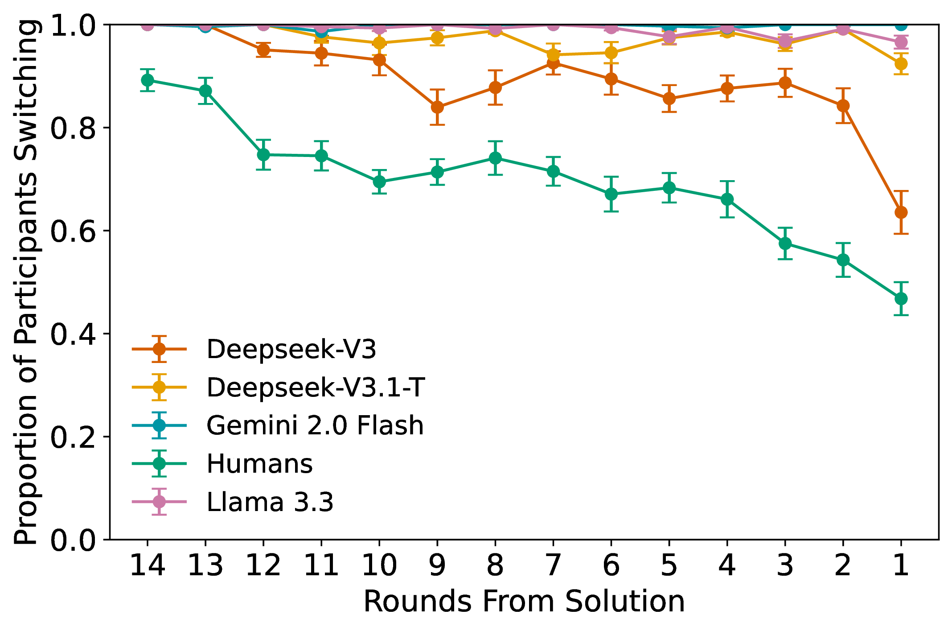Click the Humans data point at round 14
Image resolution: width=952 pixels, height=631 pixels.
148,80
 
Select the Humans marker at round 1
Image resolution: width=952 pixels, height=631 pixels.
901,298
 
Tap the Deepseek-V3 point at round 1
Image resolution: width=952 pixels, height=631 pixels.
901,212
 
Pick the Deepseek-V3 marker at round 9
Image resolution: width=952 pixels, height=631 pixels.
437,107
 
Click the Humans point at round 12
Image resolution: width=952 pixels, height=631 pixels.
263,155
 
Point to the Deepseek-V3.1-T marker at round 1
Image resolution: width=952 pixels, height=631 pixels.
901,64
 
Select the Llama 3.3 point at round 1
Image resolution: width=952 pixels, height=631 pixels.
901,42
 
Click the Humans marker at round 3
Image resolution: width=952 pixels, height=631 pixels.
785,243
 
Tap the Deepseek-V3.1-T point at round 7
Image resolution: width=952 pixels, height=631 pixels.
553,55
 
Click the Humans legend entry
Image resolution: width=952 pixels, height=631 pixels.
259,464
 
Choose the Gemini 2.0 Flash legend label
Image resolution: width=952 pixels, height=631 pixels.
315,425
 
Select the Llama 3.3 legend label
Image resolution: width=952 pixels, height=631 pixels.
270,502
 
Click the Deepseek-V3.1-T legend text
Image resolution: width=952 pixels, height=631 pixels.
316,387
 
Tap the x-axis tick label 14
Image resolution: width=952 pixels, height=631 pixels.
148,565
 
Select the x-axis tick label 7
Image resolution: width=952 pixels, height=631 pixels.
553,565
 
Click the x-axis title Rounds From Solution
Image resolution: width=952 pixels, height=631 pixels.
524,602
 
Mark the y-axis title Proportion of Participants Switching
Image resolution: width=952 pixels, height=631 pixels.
25,282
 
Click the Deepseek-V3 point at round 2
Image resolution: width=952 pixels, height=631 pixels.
843,106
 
